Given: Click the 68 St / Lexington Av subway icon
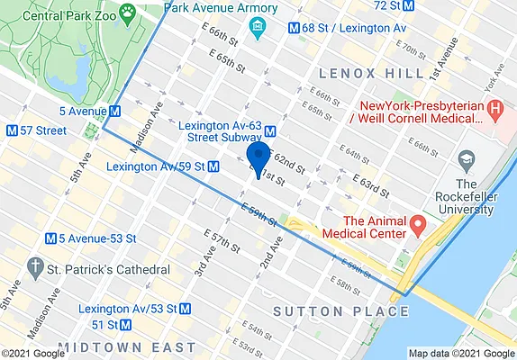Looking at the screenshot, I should pos(293,27).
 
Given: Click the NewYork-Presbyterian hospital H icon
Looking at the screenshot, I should pos(494,110).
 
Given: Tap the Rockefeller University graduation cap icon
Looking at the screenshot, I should pos(467,162).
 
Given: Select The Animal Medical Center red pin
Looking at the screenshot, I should pos(417,222).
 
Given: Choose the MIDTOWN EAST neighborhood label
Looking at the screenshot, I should pos(126,346).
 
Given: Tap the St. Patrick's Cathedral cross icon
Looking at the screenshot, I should pos(35,268).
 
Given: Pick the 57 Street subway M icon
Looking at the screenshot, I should pos(12,130).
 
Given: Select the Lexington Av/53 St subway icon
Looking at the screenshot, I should pos(185,308).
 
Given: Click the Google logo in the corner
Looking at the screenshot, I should pos(32,353).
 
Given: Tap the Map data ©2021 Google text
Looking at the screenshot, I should pos(461,353).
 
